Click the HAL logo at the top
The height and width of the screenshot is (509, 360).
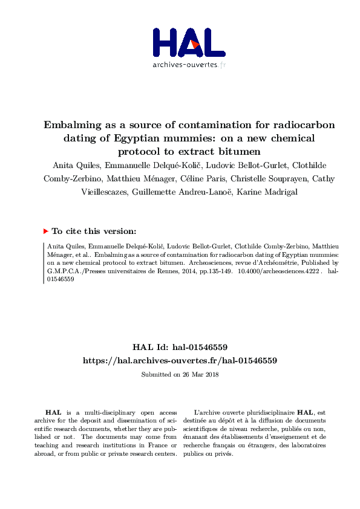point(188,42)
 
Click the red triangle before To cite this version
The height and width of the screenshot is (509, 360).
point(45,231)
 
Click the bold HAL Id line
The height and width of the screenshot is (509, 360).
point(180,347)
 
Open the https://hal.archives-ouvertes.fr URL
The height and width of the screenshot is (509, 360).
point(180,360)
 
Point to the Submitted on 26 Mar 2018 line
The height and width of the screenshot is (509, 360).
point(180,374)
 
